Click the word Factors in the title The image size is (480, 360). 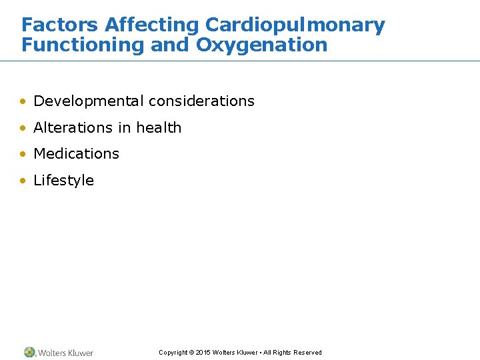click(x=61, y=25)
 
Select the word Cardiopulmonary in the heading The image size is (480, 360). click(x=295, y=25)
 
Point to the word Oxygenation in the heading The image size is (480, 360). click(x=261, y=45)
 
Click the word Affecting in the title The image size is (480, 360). click(x=152, y=25)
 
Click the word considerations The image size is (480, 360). click(x=201, y=101)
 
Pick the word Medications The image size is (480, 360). click(x=76, y=153)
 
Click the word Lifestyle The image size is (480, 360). click(x=63, y=180)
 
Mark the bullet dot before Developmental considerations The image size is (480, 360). click(x=23, y=102)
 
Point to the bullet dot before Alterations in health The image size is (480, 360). click(x=23, y=128)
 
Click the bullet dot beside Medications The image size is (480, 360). click(x=23, y=154)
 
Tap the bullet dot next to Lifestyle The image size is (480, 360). click(x=23, y=181)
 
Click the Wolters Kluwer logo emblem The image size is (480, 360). click(x=29, y=352)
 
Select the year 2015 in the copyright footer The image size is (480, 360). click(x=203, y=353)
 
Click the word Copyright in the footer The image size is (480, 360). click(x=173, y=353)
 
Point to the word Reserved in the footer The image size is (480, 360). click(x=307, y=353)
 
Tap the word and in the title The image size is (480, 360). click(x=170, y=45)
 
